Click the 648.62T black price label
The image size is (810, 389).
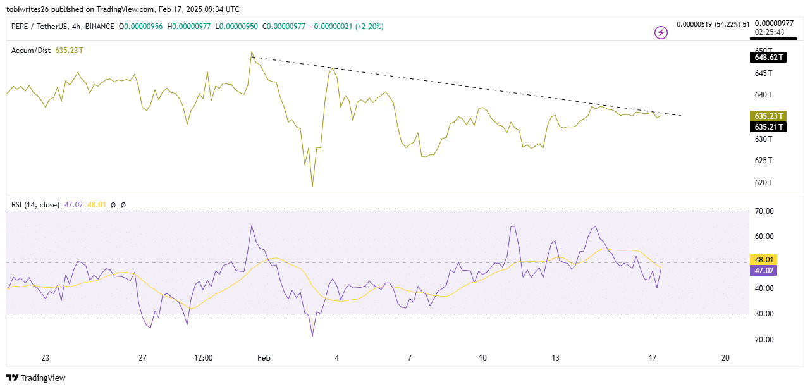(768, 58)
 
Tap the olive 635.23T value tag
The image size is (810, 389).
(768, 116)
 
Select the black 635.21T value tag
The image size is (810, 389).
(768, 127)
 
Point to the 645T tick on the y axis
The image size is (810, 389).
(763, 73)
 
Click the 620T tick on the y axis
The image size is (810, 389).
(763, 183)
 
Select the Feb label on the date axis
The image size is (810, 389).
(264, 358)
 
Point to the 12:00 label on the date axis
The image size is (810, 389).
(203, 358)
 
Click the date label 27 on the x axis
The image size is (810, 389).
(143, 358)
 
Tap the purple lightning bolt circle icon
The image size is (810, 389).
(661, 32)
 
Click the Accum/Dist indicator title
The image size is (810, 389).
(31, 50)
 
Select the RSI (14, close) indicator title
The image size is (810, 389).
(35, 205)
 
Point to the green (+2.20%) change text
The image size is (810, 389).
(363, 27)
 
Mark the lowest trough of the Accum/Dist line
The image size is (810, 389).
(312, 187)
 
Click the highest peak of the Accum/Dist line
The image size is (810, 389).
(252, 52)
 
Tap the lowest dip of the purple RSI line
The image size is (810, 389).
(312, 336)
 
